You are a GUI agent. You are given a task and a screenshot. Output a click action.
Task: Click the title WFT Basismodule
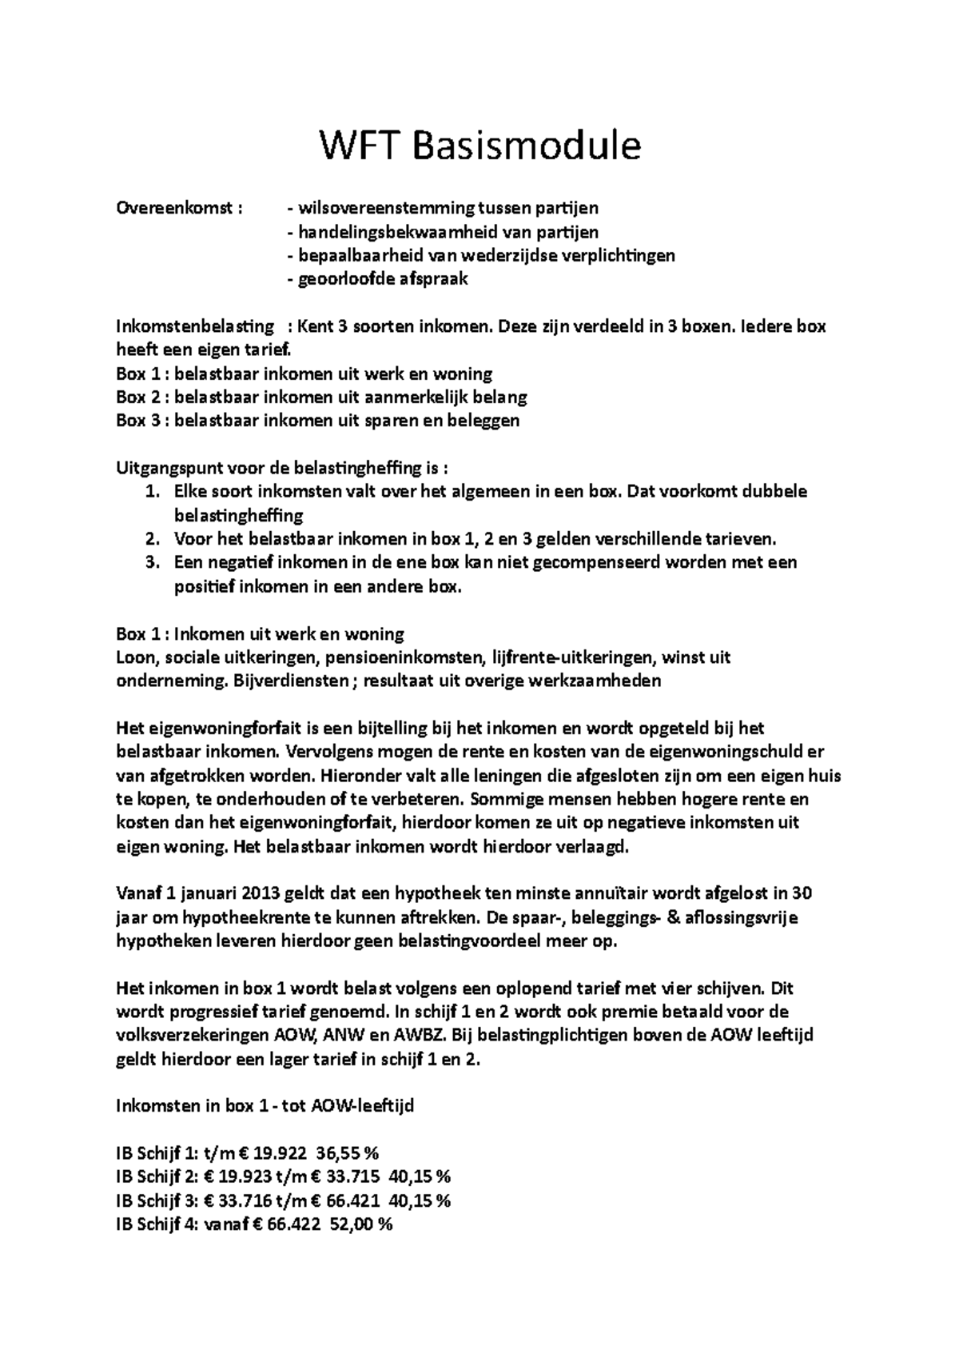480,146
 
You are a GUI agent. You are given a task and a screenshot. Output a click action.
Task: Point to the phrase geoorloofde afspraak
383,279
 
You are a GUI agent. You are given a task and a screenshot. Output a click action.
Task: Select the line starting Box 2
321,397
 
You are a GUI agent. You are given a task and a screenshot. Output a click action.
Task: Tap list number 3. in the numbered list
154,562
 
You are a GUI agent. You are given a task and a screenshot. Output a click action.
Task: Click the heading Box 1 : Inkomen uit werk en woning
260,634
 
